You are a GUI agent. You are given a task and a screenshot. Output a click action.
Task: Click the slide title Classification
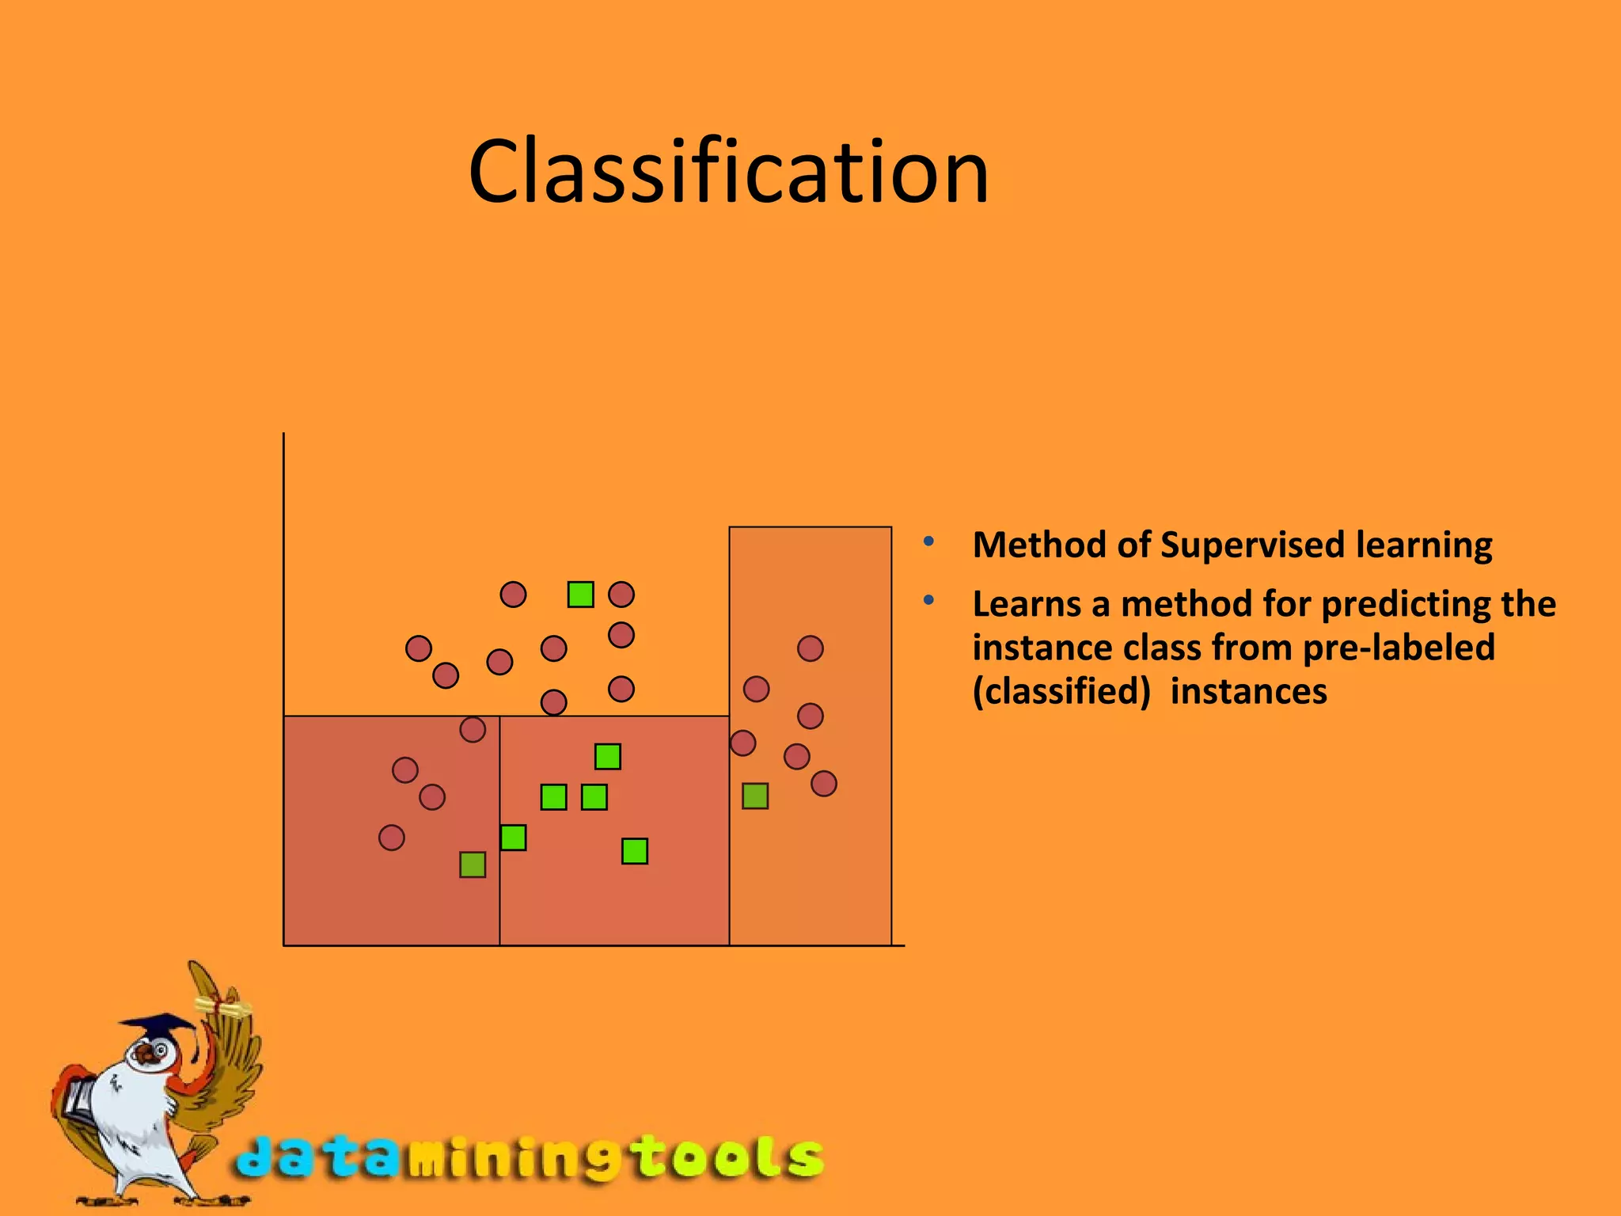(728, 173)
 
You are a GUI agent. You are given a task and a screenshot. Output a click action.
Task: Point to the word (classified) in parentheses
(1061, 692)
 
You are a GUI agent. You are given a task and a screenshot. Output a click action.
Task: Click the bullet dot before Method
(928, 542)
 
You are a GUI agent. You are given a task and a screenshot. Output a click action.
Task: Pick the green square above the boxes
(580, 594)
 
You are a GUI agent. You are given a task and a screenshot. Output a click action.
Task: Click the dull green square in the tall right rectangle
(755, 796)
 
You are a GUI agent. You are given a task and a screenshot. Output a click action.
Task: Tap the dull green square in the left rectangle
(473, 864)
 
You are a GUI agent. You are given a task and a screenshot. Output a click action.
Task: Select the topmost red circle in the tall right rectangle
(810, 648)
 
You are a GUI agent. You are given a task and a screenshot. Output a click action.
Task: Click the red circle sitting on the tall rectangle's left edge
(742, 743)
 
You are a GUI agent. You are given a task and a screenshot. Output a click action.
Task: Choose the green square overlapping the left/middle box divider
(513, 837)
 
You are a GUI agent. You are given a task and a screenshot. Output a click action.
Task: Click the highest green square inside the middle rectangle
(607, 756)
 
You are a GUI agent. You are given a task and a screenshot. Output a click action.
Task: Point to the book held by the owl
(79, 1096)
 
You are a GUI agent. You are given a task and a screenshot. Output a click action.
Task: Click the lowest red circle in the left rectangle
(391, 837)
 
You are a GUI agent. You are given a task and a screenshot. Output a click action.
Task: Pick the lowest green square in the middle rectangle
(634, 851)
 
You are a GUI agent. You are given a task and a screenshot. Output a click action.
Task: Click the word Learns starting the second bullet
(1026, 605)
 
